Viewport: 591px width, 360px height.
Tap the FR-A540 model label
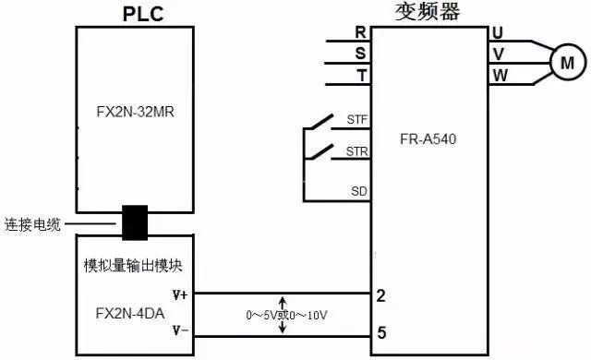coord(431,140)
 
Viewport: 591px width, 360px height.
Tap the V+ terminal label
coord(179,295)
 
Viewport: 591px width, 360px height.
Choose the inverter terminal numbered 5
coord(380,331)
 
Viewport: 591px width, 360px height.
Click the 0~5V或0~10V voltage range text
coord(287,315)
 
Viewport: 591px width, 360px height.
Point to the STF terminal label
coord(356,120)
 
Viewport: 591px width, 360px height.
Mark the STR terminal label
coord(356,150)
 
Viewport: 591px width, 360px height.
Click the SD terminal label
coord(358,191)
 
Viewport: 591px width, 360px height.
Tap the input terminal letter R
coord(360,32)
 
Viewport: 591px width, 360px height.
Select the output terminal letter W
coord(500,74)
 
